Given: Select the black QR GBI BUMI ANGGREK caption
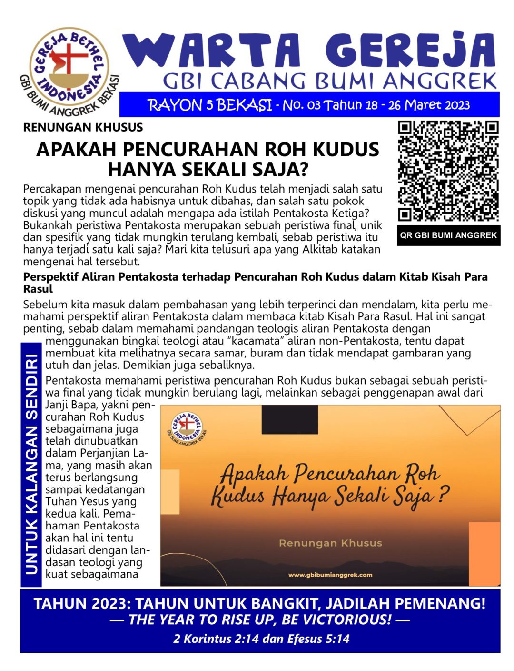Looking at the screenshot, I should [x=448, y=235].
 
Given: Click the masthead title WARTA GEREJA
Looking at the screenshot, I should [x=309, y=51].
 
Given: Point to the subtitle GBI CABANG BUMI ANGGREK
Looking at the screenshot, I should [x=329, y=81].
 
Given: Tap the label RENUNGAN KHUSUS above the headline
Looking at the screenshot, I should [x=83, y=127].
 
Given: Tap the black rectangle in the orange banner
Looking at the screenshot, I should [x=289, y=419].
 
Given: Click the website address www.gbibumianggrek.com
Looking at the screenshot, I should [x=330, y=575].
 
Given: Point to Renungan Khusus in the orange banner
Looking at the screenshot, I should [x=330, y=543].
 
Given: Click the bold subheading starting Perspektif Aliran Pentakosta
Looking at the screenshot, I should [x=255, y=282].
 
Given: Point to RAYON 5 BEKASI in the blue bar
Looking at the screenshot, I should [x=209, y=105].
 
